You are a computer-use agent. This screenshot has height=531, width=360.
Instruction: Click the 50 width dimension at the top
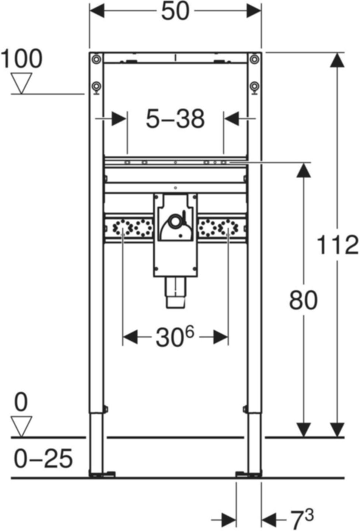point(175,11)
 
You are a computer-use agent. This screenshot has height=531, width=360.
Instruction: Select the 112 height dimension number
point(337,245)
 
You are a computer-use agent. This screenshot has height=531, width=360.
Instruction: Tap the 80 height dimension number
point(303,300)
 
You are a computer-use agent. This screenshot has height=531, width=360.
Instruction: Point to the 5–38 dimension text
point(175,119)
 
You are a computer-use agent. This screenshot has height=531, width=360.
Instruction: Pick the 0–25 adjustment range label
point(44,458)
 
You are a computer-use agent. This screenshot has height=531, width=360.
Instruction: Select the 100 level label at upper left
point(22,59)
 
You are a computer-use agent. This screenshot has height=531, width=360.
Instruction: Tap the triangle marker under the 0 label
point(22,426)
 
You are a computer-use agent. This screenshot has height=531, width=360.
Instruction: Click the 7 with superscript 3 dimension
point(302,519)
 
